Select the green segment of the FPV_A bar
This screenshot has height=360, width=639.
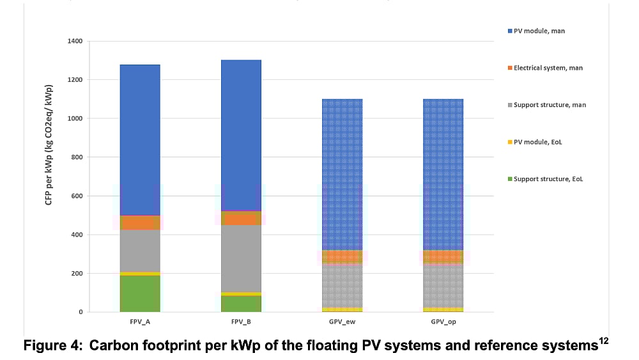pos(140,293)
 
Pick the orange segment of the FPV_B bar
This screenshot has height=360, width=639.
pos(241,218)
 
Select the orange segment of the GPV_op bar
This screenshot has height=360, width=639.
pos(443,256)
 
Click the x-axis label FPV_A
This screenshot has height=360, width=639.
pos(140,322)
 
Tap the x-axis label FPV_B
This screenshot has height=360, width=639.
pos(241,322)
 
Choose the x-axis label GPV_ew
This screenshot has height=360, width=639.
pos(343,322)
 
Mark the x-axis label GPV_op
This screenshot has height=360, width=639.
pos(443,322)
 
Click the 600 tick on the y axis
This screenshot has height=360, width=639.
pos(77,196)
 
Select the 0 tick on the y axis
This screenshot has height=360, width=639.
pos(81,312)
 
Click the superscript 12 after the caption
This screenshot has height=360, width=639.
pos(604,340)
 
